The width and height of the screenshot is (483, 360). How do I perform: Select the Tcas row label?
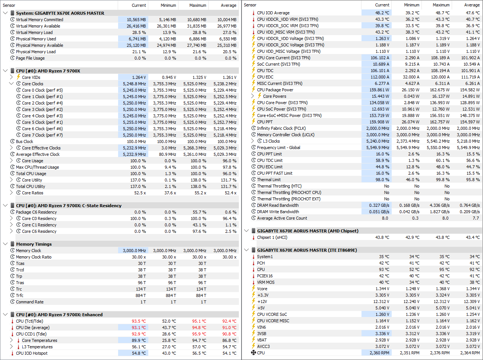[20, 263]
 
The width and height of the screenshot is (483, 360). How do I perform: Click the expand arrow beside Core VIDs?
[11, 77]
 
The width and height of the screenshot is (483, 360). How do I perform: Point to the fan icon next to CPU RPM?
[254, 353]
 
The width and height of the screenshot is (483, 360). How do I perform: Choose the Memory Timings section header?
[34, 244]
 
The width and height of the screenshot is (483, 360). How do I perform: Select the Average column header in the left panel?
[228, 5]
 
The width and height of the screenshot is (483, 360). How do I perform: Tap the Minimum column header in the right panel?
[411, 5]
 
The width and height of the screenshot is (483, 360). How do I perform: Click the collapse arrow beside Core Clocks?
[11, 84]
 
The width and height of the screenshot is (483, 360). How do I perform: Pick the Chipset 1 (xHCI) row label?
[272, 237]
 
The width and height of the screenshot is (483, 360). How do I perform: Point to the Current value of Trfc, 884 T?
[141, 295]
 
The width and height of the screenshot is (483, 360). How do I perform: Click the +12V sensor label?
[262, 302]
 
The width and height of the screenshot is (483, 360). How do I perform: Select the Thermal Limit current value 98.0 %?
[383, 180]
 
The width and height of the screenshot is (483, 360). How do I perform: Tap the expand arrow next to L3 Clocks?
[252, 141]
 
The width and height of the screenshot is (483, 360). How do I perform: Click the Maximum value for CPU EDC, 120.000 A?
[440, 77]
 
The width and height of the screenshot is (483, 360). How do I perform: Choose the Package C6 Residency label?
[36, 212]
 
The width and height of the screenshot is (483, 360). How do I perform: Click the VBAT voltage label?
[262, 340]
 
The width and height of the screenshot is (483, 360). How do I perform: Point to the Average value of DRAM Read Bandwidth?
[469, 205]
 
